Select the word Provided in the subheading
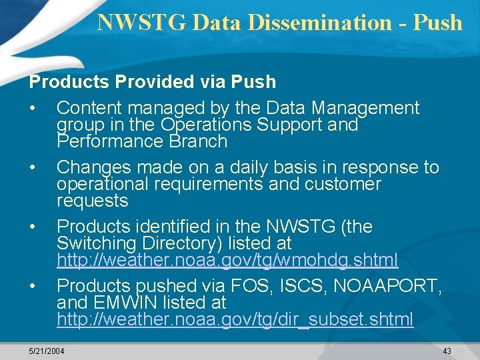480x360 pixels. (x=156, y=82)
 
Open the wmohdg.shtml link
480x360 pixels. (x=227, y=259)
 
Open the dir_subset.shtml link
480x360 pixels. (x=235, y=319)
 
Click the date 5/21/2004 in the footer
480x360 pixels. (x=47, y=351)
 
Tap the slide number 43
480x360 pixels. (x=447, y=351)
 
